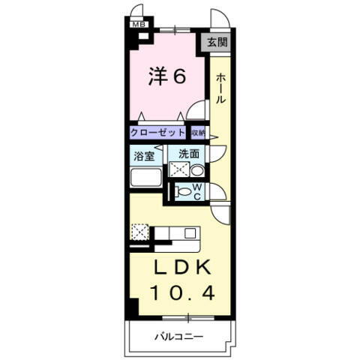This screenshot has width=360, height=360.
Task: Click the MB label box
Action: point(138,24)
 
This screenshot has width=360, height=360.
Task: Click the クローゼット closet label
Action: point(157,132)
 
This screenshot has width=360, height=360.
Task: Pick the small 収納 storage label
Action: point(197,132)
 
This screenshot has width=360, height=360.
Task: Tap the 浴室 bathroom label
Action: point(144,156)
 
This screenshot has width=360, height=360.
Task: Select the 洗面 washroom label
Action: point(188,154)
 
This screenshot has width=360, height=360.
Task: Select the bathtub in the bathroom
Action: point(147,178)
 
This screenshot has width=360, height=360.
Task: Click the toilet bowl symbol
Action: point(182,191)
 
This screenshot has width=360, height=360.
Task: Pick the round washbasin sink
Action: point(197,169)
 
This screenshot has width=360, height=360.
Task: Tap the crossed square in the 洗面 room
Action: point(179,169)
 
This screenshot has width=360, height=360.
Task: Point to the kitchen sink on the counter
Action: point(190,232)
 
